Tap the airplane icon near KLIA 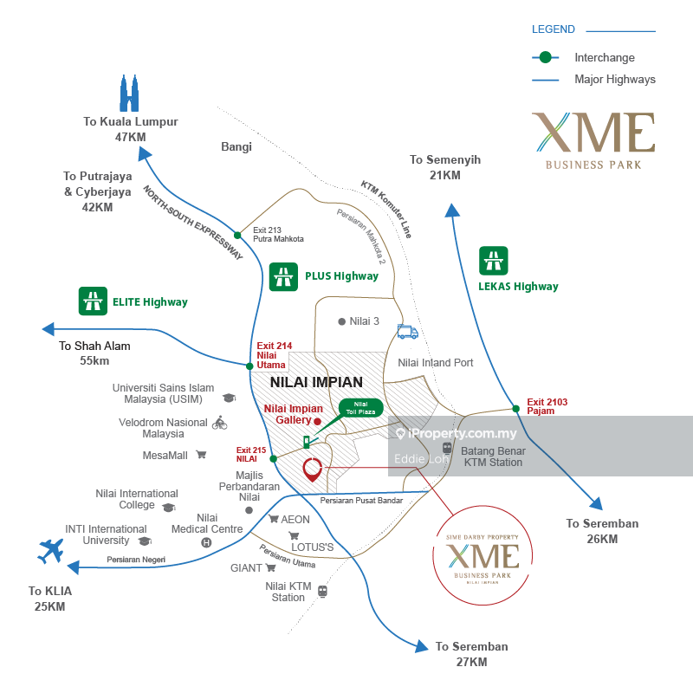[52, 551]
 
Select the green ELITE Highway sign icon [91, 301]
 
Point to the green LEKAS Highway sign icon [494, 261]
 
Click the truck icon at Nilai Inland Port [407, 332]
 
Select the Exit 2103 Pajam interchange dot [515, 408]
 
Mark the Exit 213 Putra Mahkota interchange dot [237, 235]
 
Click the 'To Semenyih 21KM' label [445, 167]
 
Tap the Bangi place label [236, 147]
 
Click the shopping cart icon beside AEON [272, 520]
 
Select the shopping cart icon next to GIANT [270, 568]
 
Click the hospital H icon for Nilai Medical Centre [206, 542]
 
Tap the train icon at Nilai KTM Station [322, 591]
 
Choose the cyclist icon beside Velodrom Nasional [219, 423]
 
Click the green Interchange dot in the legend [544, 58]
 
